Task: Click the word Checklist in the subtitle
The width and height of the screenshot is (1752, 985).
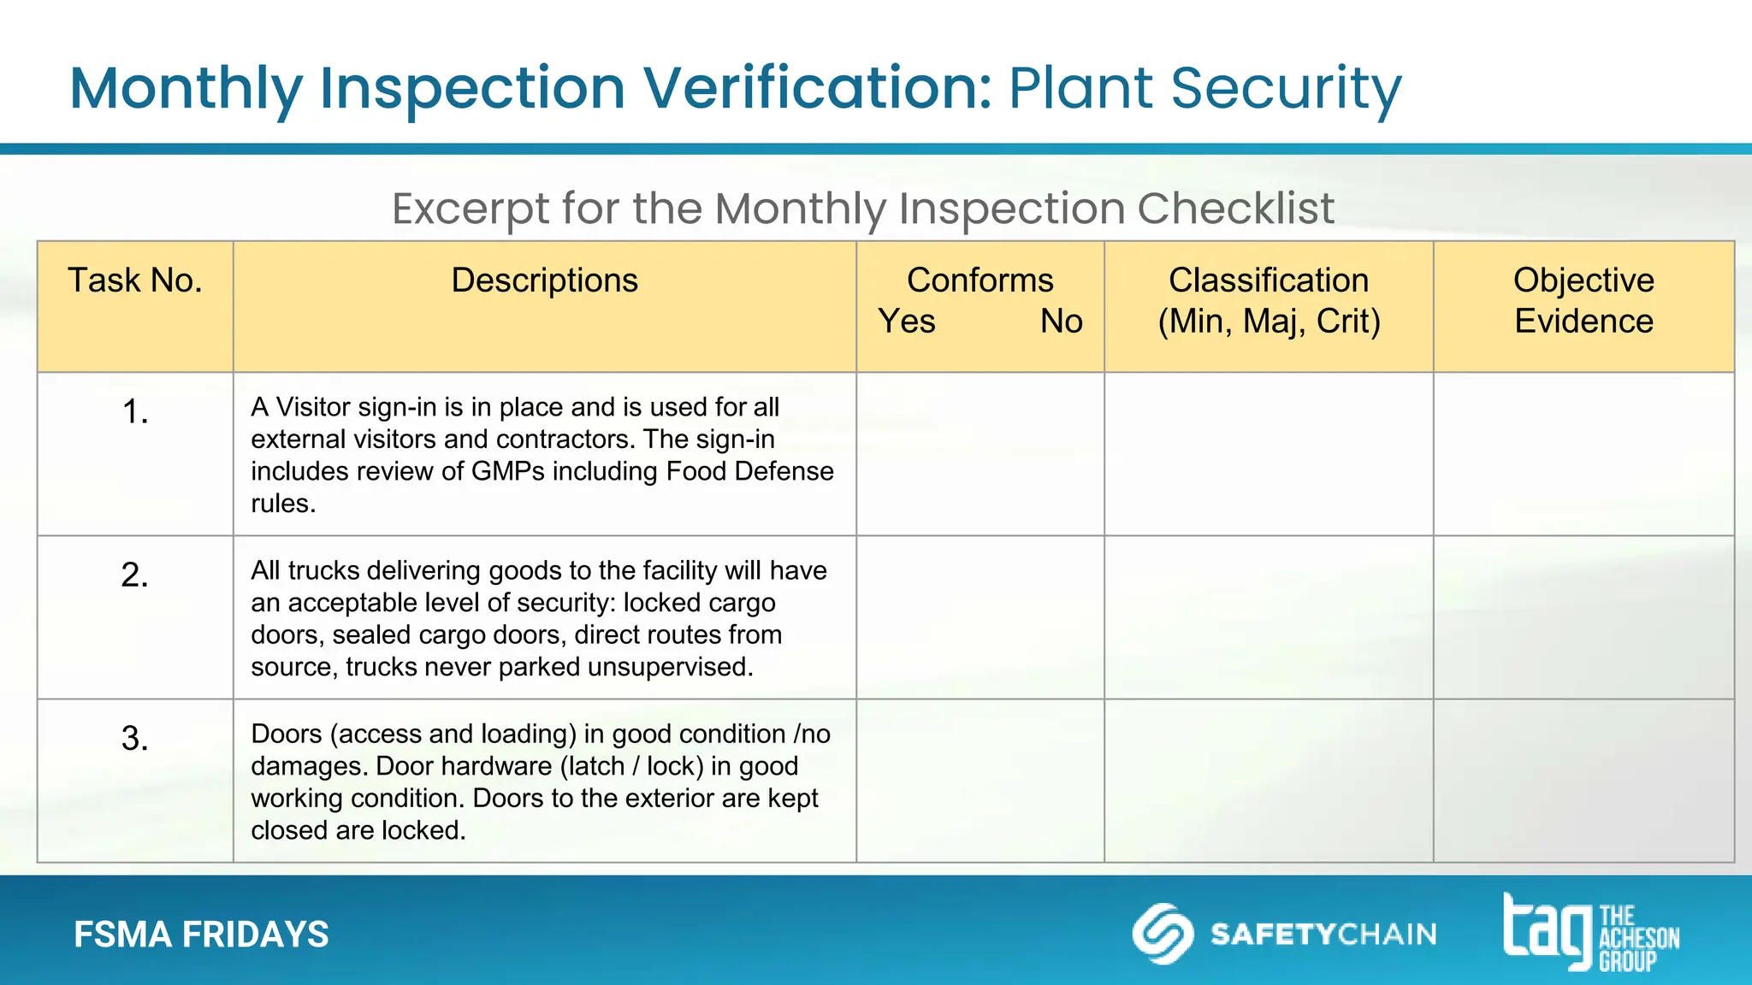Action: [x=1234, y=209]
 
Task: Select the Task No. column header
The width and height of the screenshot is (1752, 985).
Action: [x=135, y=281]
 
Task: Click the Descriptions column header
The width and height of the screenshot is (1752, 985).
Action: [x=544, y=281]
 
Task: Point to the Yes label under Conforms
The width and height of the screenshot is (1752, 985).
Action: [x=907, y=321]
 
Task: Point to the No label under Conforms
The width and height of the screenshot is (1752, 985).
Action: [x=1061, y=321]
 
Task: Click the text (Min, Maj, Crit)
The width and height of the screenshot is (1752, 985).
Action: [x=1269, y=321]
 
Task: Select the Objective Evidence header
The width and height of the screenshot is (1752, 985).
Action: [x=1583, y=301]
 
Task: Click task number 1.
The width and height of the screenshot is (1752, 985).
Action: [x=135, y=412]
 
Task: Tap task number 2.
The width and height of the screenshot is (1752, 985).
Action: [x=135, y=575]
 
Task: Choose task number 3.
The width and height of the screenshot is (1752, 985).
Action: [x=135, y=739]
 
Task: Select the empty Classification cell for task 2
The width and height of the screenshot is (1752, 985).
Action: [x=1269, y=617]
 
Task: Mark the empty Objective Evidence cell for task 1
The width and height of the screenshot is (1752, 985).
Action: [x=1583, y=454]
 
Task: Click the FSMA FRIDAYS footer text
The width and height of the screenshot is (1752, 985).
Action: [x=201, y=935]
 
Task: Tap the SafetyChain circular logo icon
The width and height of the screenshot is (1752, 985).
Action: [x=1163, y=934]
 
